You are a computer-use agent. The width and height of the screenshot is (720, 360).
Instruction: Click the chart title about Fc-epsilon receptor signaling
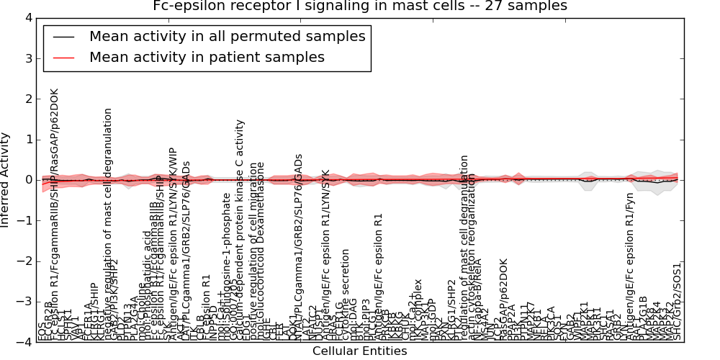[x=360, y=6]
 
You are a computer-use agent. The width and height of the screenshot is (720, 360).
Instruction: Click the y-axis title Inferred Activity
[x=6, y=180]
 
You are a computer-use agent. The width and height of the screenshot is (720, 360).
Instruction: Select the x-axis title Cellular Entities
[x=359, y=351]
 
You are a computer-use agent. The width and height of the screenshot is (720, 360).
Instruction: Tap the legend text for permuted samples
[x=227, y=36]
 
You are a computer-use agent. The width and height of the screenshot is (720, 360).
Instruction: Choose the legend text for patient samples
[x=207, y=57]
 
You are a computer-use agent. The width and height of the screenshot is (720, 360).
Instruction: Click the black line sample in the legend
[x=64, y=37]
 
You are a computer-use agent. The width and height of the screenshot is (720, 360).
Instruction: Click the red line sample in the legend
[x=64, y=58]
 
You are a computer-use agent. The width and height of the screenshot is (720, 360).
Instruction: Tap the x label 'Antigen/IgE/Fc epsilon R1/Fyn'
[x=631, y=274]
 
